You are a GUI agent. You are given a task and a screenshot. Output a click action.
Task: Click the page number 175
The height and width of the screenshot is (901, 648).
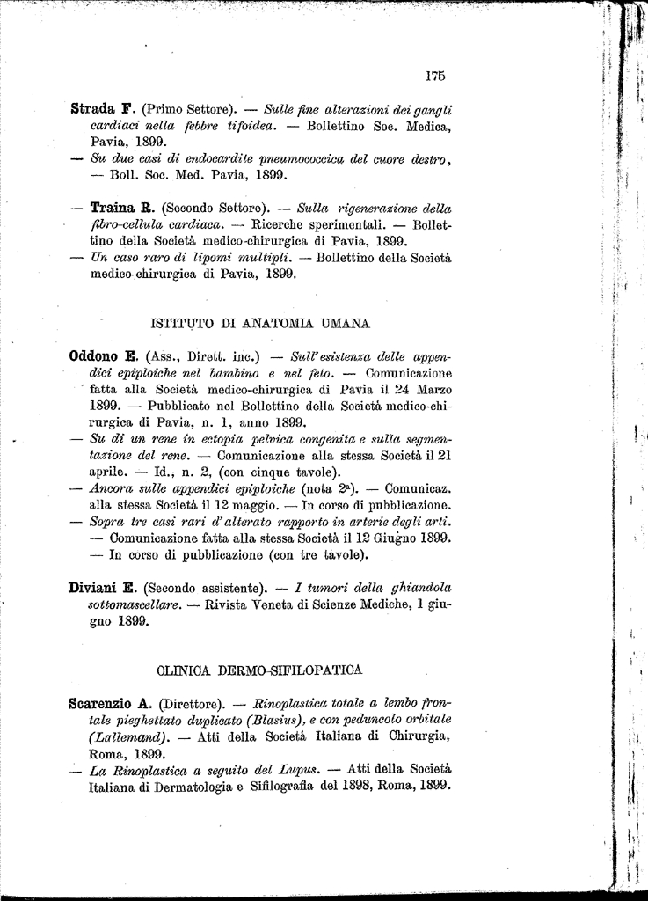point(434,76)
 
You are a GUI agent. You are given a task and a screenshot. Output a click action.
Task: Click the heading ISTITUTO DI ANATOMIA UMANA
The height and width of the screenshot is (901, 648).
point(261,323)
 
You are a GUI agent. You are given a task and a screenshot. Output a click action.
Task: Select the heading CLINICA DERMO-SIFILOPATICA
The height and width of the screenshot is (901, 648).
point(259,670)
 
